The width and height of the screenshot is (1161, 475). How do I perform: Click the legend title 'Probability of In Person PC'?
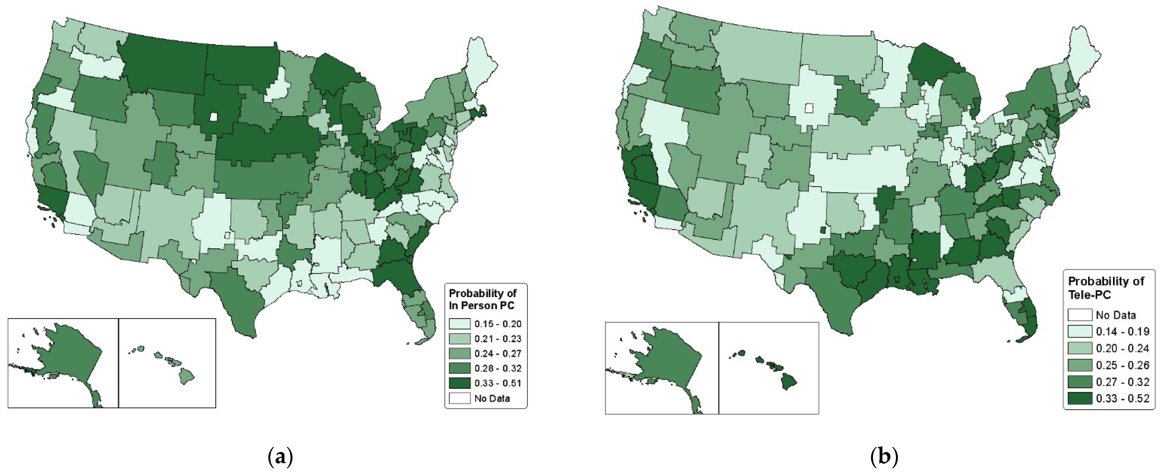(482, 299)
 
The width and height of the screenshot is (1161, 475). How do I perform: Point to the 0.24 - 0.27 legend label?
(498, 354)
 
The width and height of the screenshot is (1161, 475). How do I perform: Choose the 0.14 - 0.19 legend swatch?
(1080, 331)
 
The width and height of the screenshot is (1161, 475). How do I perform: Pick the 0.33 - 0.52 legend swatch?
(1080, 398)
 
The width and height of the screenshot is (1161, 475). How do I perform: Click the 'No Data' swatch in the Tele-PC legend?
(1080, 315)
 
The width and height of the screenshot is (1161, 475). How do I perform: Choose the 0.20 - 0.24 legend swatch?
(1080, 348)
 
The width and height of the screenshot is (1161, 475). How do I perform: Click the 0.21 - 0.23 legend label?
(498, 339)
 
